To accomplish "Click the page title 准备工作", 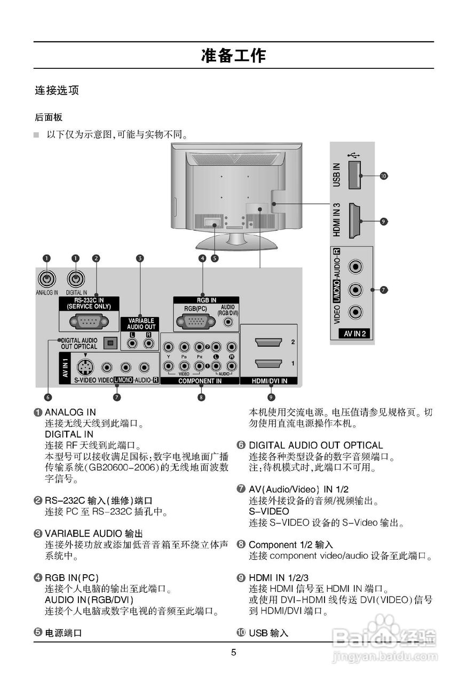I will [233, 55].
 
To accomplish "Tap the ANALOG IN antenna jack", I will [47, 278].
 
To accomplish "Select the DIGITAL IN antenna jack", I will [76, 278].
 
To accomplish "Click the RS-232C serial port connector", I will [89, 321].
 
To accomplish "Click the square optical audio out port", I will [110, 343].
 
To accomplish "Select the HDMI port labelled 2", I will [268, 342].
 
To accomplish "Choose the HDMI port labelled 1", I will [268, 363].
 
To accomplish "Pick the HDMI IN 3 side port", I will [353, 220].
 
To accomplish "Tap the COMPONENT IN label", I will [200, 381].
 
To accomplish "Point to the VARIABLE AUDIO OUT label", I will [141, 323].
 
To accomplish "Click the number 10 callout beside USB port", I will [383, 175].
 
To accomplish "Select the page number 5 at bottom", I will [233, 652].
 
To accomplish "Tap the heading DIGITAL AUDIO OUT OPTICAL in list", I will [315, 445].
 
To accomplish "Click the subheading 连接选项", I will [57, 90].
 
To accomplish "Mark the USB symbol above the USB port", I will [353, 155].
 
